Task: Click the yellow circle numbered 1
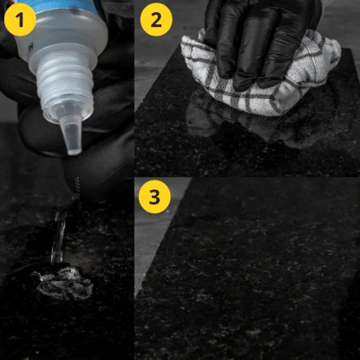click(20, 20)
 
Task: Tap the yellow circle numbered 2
click(156, 20)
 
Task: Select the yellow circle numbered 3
click(154, 197)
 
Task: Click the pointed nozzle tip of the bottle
click(73, 151)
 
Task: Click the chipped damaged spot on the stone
click(64, 283)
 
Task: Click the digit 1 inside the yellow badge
click(20, 20)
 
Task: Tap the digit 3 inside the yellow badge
click(154, 197)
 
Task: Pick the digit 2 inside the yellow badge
click(156, 20)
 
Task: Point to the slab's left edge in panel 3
click(163, 237)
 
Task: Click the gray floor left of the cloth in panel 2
click(156, 72)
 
